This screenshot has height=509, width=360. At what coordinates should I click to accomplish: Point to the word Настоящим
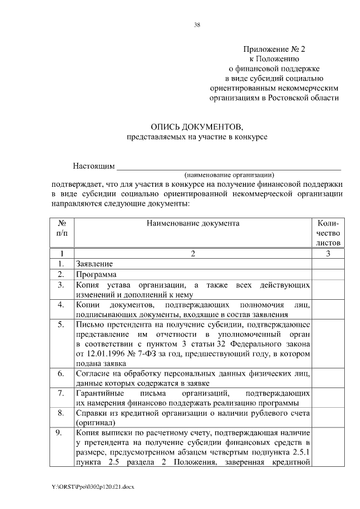tap(93, 166)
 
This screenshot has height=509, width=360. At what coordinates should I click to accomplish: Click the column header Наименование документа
tap(193, 223)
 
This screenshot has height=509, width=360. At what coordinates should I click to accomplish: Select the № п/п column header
tap(62, 228)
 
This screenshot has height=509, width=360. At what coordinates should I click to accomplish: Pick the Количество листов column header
tap(328, 233)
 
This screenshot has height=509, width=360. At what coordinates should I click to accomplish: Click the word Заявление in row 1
tap(94, 264)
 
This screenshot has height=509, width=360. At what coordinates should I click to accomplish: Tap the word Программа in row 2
tap(96, 274)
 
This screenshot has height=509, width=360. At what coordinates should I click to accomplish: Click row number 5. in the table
tap(62, 324)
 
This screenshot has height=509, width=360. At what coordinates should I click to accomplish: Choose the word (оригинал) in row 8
tap(94, 422)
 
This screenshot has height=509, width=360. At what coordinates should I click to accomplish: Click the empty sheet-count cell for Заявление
tap(328, 264)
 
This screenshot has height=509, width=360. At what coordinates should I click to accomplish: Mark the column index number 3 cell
tap(328, 254)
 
